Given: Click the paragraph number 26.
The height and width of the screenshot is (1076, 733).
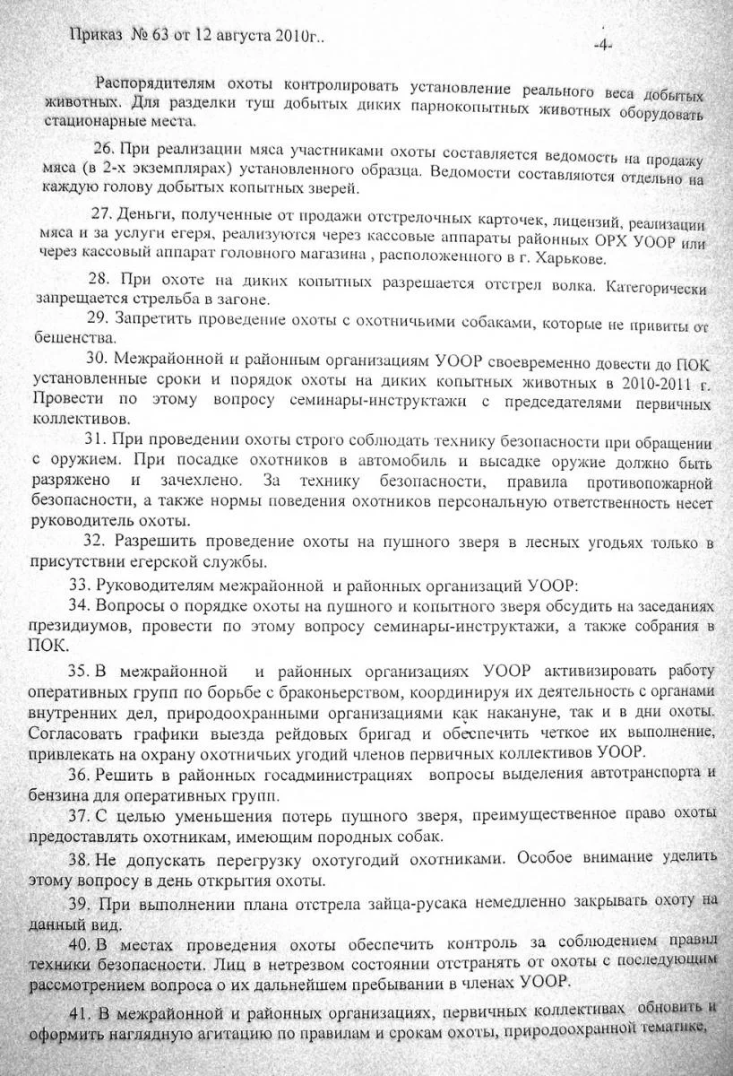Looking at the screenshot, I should (x=105, y=146).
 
